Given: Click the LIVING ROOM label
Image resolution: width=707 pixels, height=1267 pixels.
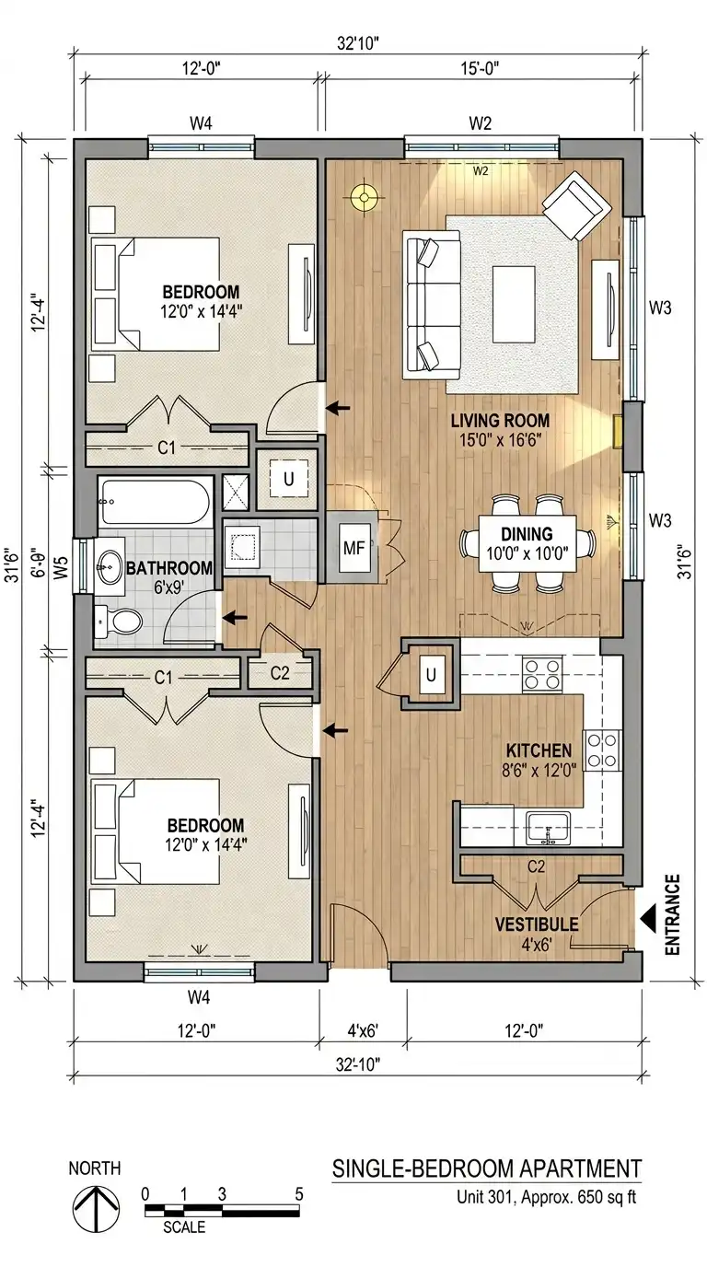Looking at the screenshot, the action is point(500,420).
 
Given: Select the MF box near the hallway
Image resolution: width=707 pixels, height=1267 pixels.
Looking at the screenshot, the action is point(354,548).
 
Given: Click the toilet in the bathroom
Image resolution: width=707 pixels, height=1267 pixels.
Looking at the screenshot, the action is point(118,622).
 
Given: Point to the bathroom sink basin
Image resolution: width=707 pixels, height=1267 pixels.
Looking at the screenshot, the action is point(110,565).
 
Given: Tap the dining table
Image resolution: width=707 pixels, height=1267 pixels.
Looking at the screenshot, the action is point(527,544).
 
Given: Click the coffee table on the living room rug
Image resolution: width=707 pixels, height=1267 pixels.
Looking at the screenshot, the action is point(514,304).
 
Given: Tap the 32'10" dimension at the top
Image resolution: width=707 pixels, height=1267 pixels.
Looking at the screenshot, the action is point(357,43).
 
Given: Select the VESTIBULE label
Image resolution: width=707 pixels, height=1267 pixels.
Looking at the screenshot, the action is point(536,924).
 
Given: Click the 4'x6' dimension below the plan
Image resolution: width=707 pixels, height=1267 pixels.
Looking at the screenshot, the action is point(363,1030).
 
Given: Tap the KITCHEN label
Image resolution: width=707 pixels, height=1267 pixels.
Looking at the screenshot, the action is point(539,750).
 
